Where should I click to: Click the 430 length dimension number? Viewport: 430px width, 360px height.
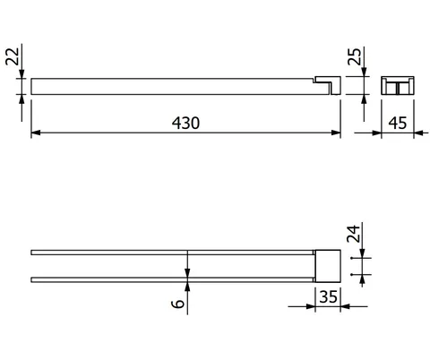[185, 123]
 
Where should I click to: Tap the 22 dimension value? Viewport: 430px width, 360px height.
[13, 56]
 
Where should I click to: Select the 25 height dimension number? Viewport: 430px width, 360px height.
[355, 56]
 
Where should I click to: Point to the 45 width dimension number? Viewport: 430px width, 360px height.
[398, 123]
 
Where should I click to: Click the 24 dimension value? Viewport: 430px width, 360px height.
[353, 234]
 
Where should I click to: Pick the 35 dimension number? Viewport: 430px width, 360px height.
[328, 296]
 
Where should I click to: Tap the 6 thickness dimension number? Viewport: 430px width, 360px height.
[178, 304]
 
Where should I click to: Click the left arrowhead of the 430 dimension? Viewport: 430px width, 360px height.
[36, 133]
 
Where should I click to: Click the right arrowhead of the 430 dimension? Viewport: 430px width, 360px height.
[336, 133]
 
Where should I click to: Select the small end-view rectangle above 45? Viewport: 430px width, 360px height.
[398, 86]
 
